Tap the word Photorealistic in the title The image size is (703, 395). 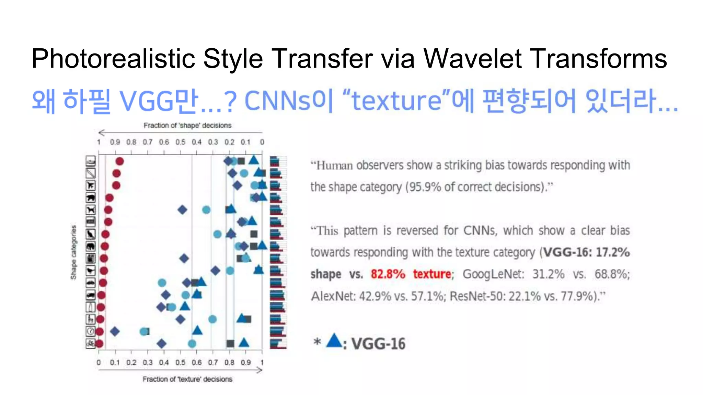[x=113, y=59]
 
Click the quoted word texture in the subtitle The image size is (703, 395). [x=396, y=101]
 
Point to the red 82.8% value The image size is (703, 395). [x=388, y=274]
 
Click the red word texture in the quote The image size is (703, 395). [x=432, y=274]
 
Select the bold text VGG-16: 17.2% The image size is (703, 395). [x=587, y=252]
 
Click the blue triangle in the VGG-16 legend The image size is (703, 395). [x=334, y=341]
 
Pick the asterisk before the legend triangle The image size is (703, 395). [x=317, y=342]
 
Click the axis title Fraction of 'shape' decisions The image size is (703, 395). [x=187, y=125]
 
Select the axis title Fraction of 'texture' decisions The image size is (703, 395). [x=187, y=379]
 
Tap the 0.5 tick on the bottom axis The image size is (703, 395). [x=180, y=362]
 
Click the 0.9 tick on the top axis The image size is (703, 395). [x=115, y=142]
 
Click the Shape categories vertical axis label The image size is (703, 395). [x=73, y=252]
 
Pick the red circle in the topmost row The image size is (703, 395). [x=119, y=161]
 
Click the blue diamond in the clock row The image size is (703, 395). [x=115, y=331]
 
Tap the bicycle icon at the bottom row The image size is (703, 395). [x=91, y=343]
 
